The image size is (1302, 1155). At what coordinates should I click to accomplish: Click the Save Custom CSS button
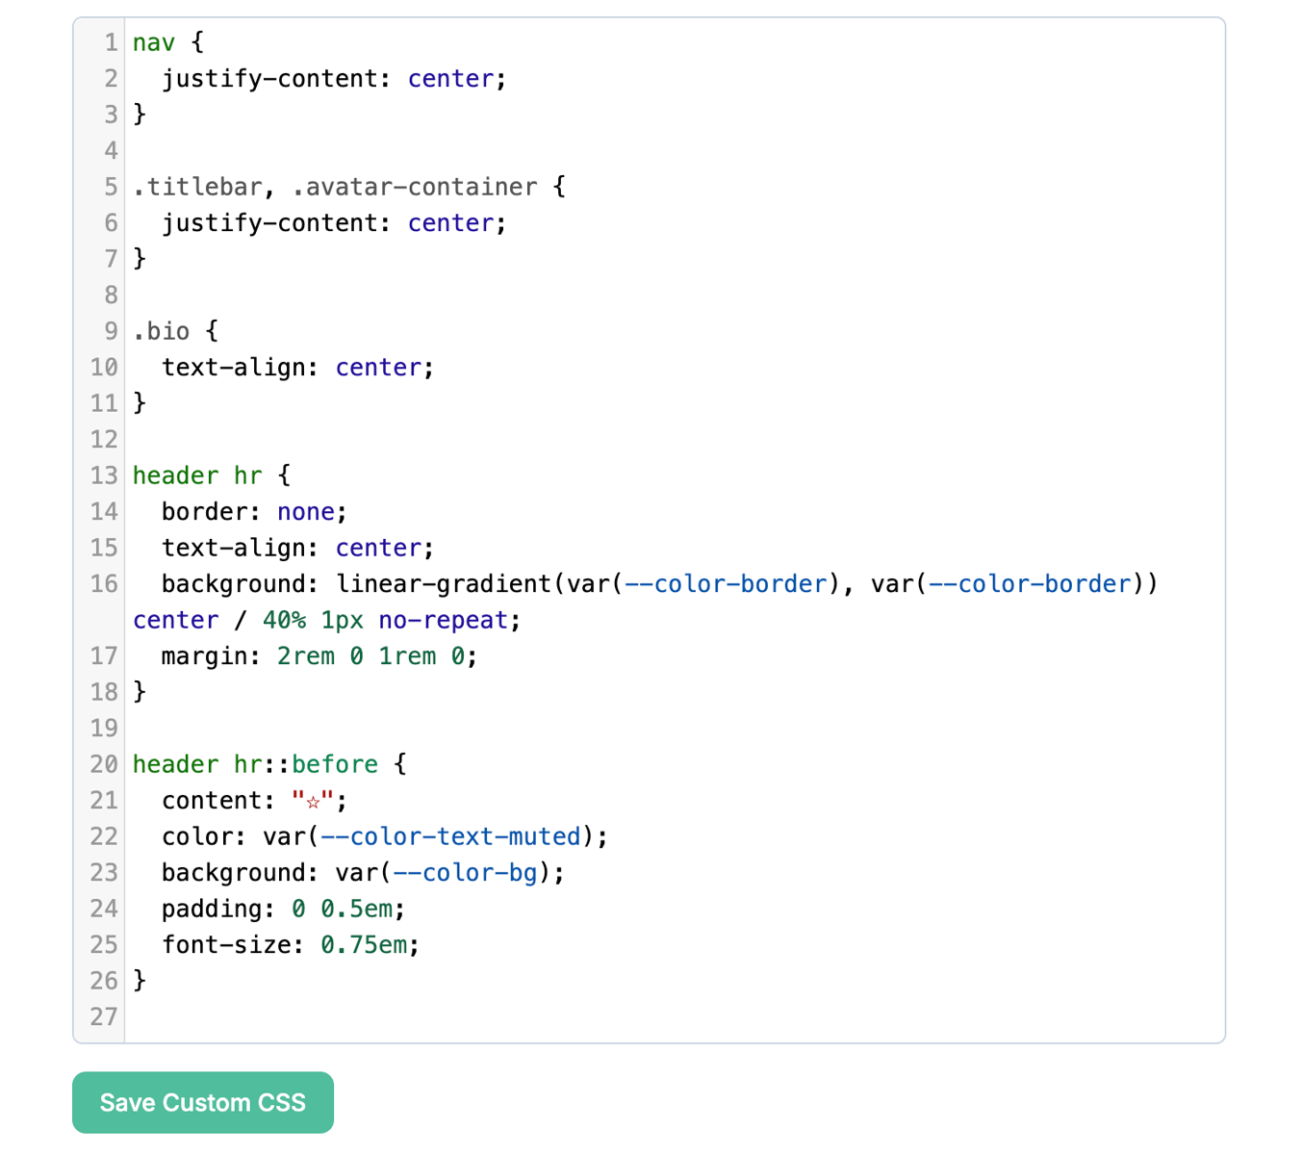click(202, 1102)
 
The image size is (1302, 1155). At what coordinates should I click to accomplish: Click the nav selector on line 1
click(154, 43)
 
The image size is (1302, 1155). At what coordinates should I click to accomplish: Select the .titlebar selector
click(198, 187)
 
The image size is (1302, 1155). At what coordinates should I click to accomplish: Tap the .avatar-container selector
click(415, 187)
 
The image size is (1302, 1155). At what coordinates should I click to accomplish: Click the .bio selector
click(162, 331)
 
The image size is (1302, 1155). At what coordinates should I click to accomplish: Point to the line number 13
click(104, 475)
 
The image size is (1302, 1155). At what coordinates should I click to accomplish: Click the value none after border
click(306, 512)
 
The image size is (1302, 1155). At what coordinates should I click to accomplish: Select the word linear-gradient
click(444, 583)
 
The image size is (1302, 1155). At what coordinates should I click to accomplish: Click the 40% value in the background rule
click(284, 620)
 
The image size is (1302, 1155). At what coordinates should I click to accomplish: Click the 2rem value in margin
click(306, 655)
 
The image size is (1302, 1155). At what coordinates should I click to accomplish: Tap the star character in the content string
click(313, 802)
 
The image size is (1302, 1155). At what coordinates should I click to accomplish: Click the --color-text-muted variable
click(450, 836)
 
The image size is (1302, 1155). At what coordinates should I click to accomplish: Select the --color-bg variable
click(466, 872)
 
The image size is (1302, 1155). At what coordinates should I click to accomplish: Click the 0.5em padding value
click(357, 909)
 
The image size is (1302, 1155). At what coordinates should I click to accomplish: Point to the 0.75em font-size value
click(364, 944)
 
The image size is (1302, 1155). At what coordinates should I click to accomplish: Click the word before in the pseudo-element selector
click(335, 764)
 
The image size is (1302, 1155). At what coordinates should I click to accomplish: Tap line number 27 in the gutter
click(104, 1016)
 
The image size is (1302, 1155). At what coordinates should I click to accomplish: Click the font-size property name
click(227, 944)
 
